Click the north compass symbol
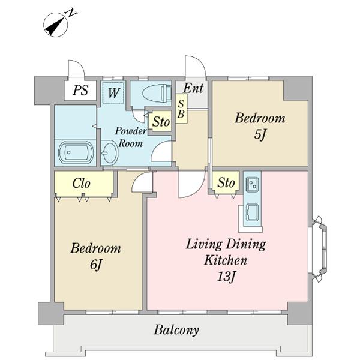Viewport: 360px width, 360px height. pos(56,25)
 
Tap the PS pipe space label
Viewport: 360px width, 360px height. pos(80,90)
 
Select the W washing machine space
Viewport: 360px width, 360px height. pos(113,92)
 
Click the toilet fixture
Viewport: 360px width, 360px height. pos(157,94)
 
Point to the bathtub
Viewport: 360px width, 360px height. pos(76,152)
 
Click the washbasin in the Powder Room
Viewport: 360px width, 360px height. pos(110,152)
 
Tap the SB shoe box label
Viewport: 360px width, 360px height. pos(181,109)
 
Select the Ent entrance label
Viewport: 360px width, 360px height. pos(193,88)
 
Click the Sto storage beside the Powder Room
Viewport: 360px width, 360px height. pos(161,121)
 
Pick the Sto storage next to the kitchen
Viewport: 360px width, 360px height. pos(226,182)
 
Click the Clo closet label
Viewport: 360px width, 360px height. pos(81,183)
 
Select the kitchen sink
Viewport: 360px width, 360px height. pos(253,212)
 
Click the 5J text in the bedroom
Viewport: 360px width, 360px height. pos(260,134)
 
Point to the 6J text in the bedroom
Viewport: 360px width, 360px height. pos(95,265)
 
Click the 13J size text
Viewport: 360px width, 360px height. pos(226,276)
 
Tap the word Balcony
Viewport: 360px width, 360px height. pos(176,330)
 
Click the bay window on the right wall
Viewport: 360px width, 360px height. pos(319,249)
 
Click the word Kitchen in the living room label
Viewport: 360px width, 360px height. pos(226,260)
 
